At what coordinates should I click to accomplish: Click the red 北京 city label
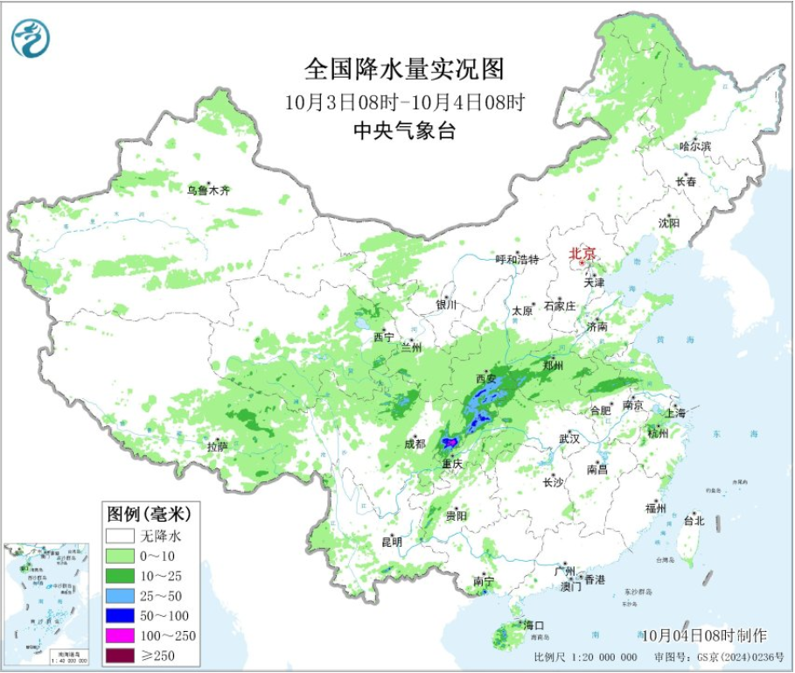(582, 254)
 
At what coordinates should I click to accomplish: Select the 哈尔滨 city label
(695, 146)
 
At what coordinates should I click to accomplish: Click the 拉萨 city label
(218, 447)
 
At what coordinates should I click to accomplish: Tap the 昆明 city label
(392, 542)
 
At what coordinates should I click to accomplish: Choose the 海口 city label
(533, 625)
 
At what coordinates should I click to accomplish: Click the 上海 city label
(674, 412)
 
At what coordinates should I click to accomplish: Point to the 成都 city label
(415, 444)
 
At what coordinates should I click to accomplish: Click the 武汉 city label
(568, 438)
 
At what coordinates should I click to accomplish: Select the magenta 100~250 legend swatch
(120, 635)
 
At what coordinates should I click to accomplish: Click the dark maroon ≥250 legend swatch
(120, 655)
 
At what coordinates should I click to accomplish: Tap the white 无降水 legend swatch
(120, 536)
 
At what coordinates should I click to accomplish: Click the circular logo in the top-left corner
(31, 38)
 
